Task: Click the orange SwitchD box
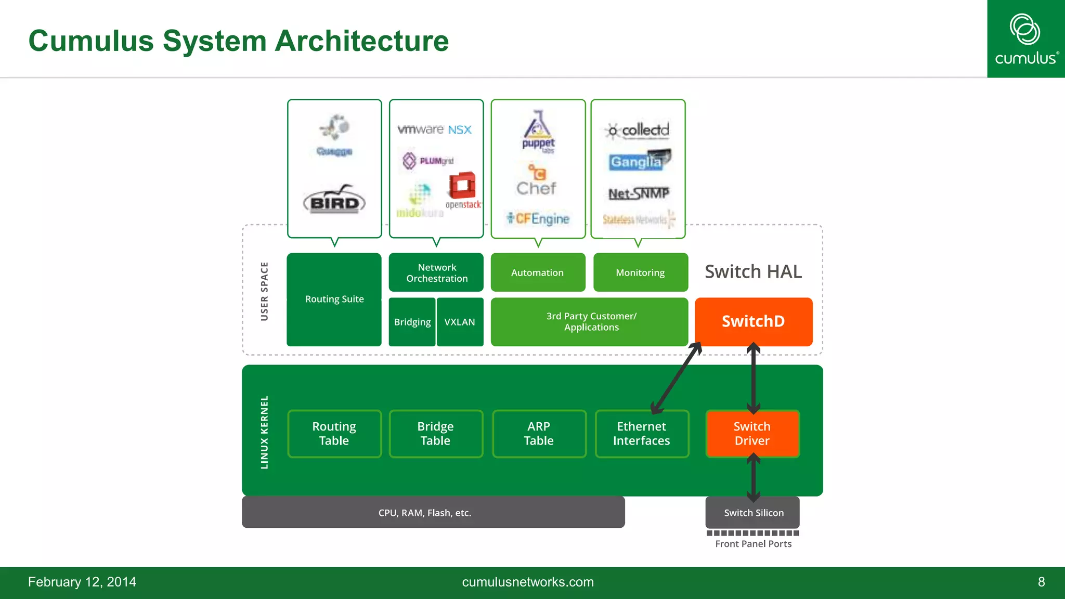(x=753, y=321)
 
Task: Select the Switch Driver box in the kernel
(x=752, y=434)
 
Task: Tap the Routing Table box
(x=334, y=434)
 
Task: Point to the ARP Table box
(x=539, y=434)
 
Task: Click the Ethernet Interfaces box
(x=641, y=434)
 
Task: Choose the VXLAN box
(x=460, y=322)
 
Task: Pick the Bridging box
(x=412, y=322)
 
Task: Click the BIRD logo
(x=334, y=200)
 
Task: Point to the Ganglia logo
(x=639, y=161)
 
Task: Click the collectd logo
(x=638, y=130)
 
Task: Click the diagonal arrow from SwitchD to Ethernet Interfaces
(x=677, y=378)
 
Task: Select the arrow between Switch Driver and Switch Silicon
(x=754, y=477)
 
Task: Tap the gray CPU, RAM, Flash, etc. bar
(x=433, y=513)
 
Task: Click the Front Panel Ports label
(x=753, y=544)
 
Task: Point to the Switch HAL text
(x=753, y=271)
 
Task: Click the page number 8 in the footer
(x=1041, y=582)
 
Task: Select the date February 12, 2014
(x=82, y=582)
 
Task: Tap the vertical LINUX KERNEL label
(x=264, y=432)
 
